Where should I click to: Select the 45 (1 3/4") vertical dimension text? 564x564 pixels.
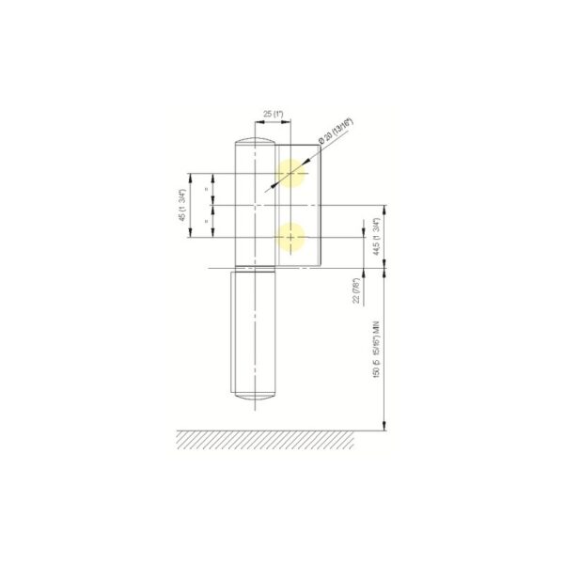180,207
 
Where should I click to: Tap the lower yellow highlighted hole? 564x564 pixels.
293,239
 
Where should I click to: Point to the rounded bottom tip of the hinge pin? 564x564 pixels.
255,399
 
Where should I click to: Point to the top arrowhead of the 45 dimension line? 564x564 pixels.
191,176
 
